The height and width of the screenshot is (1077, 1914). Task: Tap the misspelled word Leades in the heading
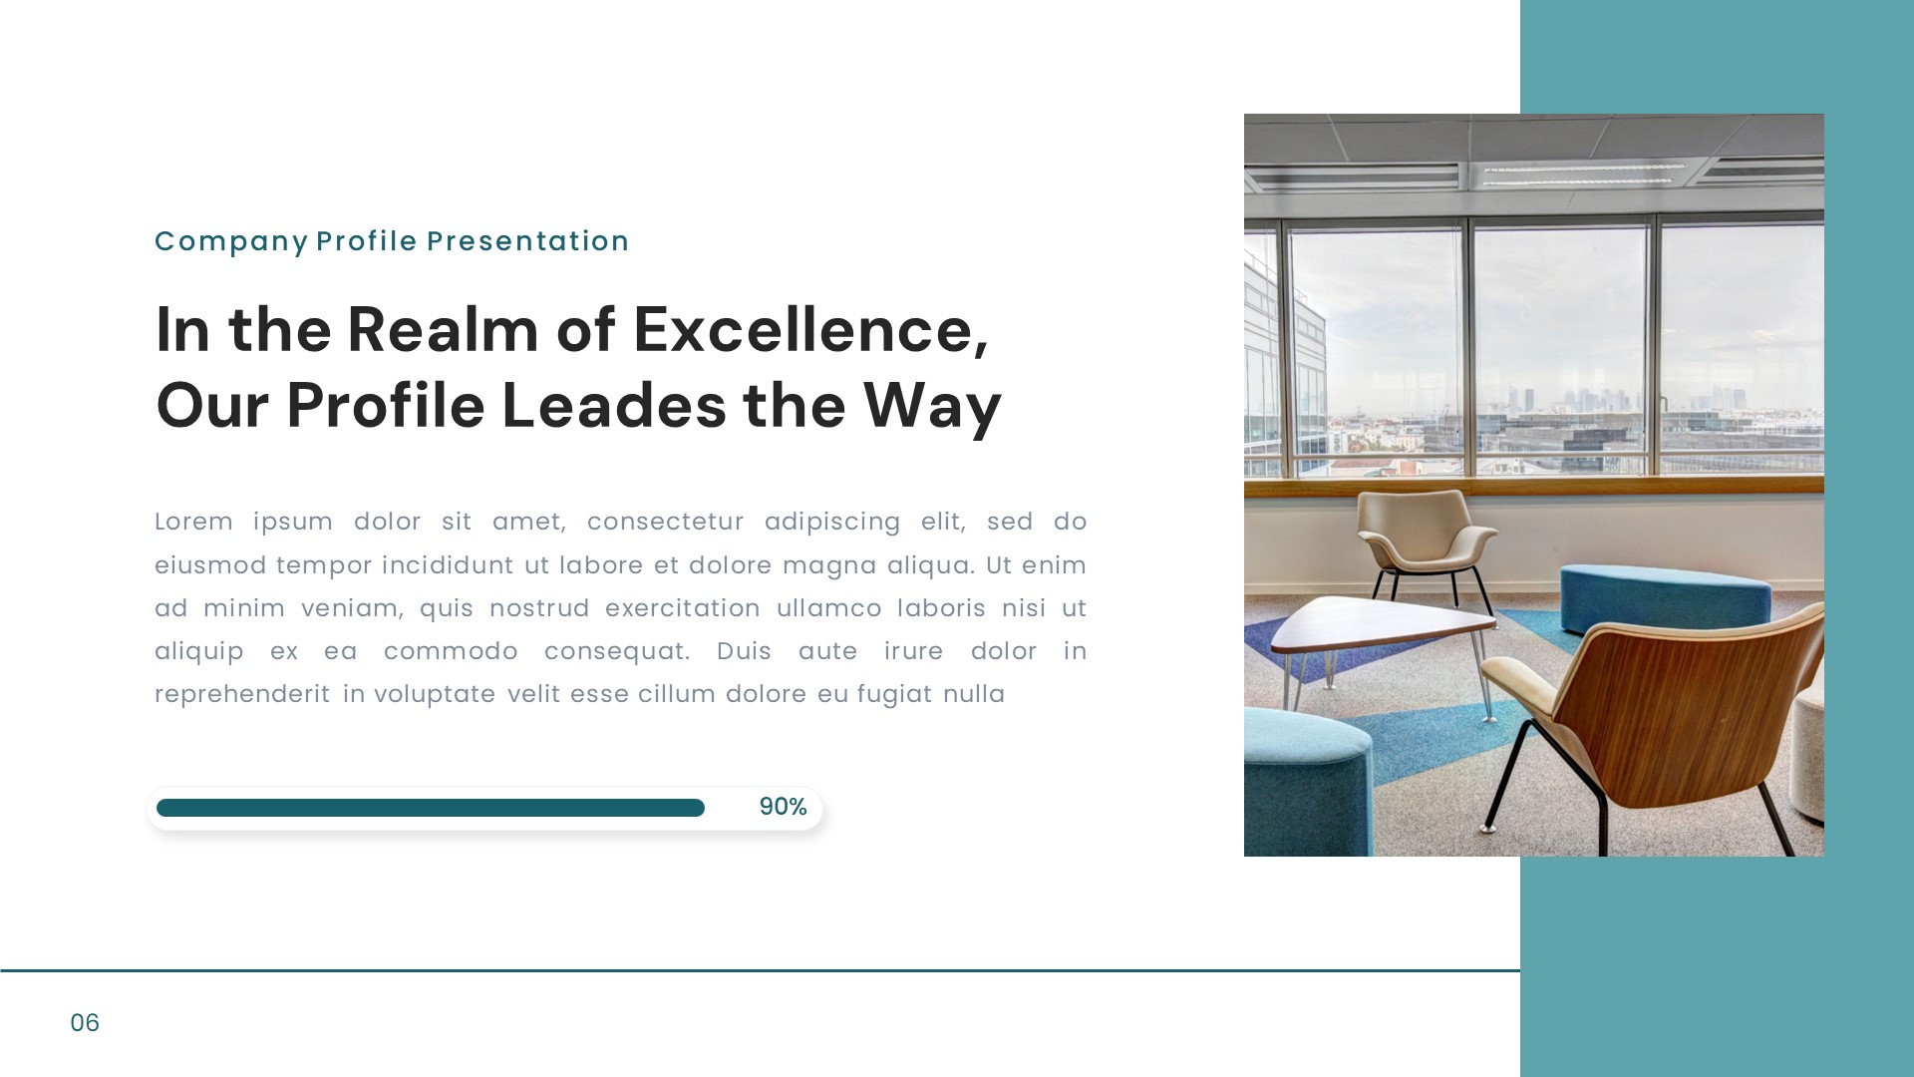[x=614, y=406]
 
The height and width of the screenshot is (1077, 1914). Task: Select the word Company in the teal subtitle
[x=231, y=241]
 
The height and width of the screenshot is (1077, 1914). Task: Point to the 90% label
[x=783, y=807]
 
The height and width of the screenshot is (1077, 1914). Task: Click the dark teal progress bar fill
[x=430, y=808]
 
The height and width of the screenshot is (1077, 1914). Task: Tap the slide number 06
[x=85, y=1023]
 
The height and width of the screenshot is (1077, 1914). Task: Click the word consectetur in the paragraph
[x=665, y=522]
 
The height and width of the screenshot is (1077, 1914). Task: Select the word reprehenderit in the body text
[x=242, y=694]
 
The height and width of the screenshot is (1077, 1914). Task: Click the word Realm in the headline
[x=443, y=330]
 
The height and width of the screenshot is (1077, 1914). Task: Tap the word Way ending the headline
[x=931, y=406]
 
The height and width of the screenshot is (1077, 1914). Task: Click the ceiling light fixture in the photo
[x=1575, y=177]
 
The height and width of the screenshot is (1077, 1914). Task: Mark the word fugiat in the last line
[x=894, y=694]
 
